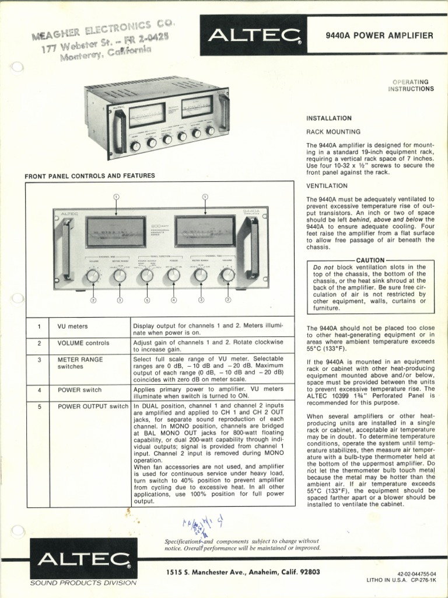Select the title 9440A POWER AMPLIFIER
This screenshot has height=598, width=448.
(379, 36)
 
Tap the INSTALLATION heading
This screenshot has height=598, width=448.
(329, 118)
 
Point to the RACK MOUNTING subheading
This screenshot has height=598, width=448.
(334, 132)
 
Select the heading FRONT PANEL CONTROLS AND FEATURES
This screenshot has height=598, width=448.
(89, 175)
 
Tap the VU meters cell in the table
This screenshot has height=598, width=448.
(72, 326)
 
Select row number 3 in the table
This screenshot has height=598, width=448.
(39, 360)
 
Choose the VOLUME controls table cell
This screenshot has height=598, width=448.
(83, 343)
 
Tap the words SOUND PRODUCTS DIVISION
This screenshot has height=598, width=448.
(83, 583)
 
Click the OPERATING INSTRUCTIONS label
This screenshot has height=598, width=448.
(413, 85)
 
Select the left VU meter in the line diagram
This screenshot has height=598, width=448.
(116, 232)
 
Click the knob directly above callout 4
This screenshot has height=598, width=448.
(173, 274)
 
